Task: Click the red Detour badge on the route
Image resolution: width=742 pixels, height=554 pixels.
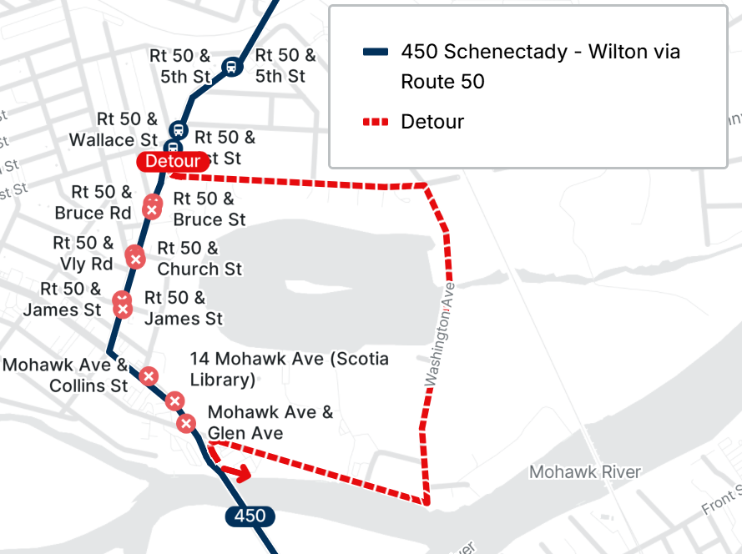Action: tap(173, 161)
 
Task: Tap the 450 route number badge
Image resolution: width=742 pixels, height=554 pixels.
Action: tap(250, 516)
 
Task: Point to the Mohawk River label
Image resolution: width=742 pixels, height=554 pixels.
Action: tap(585, 472)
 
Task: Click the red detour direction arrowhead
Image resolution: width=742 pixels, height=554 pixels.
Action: tap(245, 476)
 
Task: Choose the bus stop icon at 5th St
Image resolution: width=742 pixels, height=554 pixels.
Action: tap(230, 66)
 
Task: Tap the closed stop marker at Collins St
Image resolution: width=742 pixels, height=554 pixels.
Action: tap(149, 376)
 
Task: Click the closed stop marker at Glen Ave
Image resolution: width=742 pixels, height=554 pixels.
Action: tap(186, 424)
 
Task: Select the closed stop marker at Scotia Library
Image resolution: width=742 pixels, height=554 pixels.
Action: tap(174, 401)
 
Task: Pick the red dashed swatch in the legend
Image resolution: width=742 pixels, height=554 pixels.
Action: tap(376, 122)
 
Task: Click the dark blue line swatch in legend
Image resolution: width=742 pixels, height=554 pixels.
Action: tap(376, 52)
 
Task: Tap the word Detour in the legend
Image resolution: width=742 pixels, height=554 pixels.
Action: tap(432, 122)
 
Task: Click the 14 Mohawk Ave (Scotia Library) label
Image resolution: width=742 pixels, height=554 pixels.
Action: tap(289, 369)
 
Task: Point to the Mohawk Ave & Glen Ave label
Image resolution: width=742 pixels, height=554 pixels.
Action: tap(270, 422)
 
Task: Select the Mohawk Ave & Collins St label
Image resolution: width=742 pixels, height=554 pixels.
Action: tap(65, 375)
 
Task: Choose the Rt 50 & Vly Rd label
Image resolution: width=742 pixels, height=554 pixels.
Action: tap(83, 253)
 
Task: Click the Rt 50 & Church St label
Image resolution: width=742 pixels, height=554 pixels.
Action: tap(199, 259)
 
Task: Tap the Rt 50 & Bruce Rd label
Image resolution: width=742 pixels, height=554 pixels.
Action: tap(93, 202)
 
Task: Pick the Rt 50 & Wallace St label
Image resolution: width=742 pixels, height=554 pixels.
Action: tap(114, 129)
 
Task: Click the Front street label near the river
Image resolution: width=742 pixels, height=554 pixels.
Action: tap(720, 501)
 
